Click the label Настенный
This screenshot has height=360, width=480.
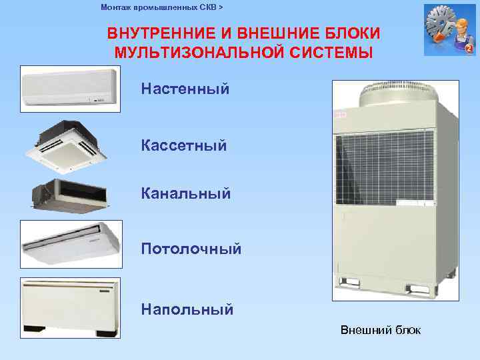click(x=185, y=89)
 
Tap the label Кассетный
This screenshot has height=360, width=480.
click(x=183, y=145)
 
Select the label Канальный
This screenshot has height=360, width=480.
click(x=185, y=194)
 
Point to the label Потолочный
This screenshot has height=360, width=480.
click(x=191, y=249)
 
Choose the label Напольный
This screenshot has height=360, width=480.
click(x=187, y=309)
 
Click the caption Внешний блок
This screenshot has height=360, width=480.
click(x=380, y=330)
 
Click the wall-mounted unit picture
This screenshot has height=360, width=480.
click(x=70, y=87)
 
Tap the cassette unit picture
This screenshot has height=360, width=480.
click(x=70, y=144)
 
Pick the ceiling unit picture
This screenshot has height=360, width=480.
click(x=70, y=244)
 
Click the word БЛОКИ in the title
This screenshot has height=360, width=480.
click(x=353, y=33)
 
